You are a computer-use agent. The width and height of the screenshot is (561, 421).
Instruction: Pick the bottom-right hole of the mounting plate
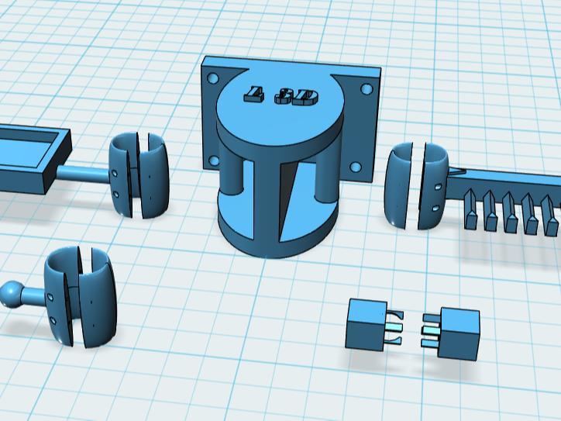(x=356, y=167)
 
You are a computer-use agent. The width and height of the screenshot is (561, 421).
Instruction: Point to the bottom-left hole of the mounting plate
(x=212, y=161)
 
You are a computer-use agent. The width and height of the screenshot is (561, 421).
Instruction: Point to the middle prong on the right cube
(x=430, y=331)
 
